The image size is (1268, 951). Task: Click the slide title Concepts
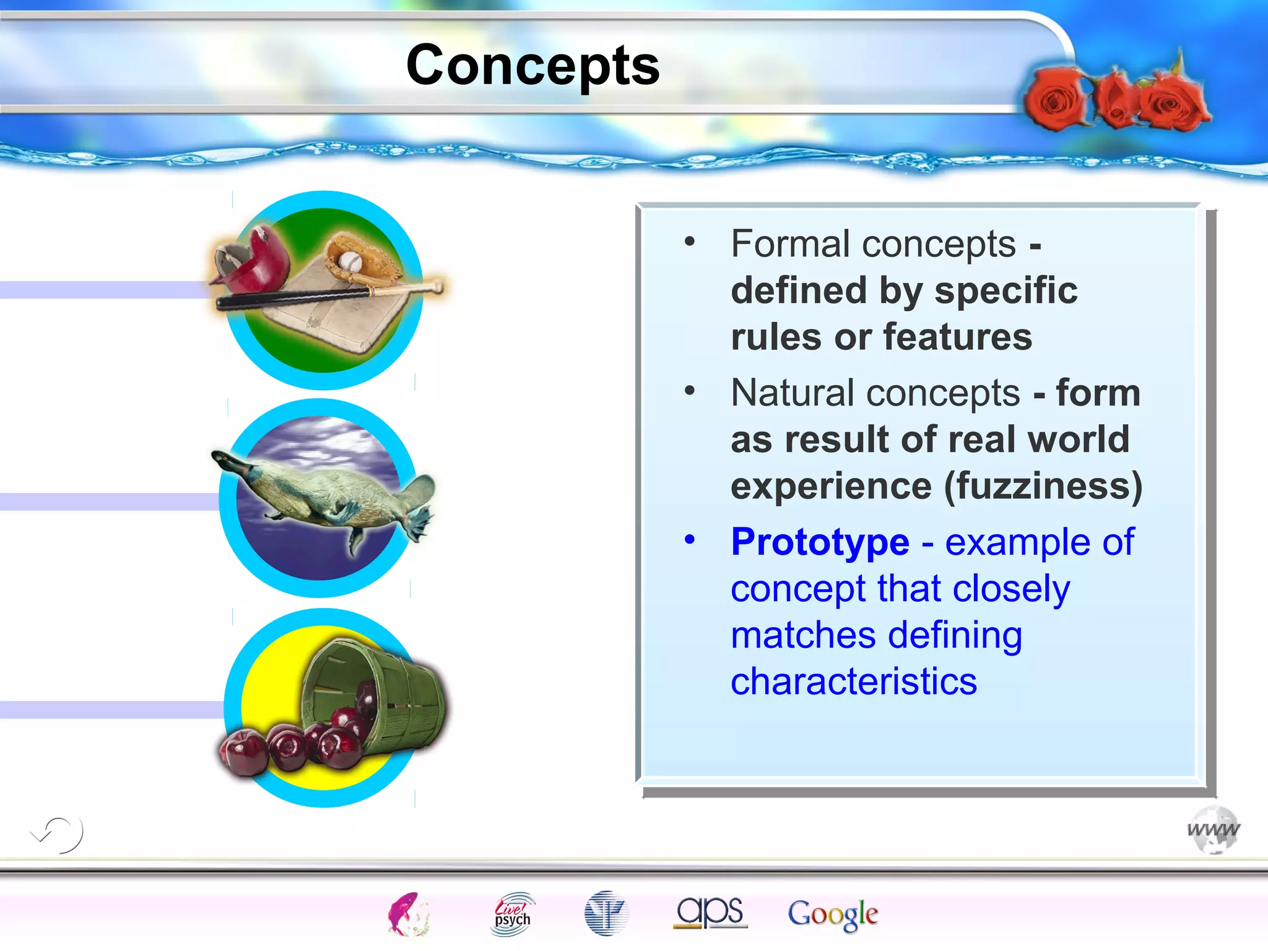[x=532, y=66]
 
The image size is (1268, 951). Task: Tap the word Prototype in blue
[x=820, y=542]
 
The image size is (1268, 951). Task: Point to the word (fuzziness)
[x=1043, y=486]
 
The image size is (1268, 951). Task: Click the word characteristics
[x=853, y=682]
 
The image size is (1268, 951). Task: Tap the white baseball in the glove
[x=350, y=261]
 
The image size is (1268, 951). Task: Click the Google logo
[x=832, y=914]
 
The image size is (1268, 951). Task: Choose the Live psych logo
[x=512, y=914]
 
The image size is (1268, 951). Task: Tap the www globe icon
[x=1214, y=829]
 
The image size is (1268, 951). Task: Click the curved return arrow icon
[x=59, y=834]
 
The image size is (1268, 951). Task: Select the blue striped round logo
[x=606, y=913]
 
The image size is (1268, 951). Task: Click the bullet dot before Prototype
[x=690, y=539]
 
